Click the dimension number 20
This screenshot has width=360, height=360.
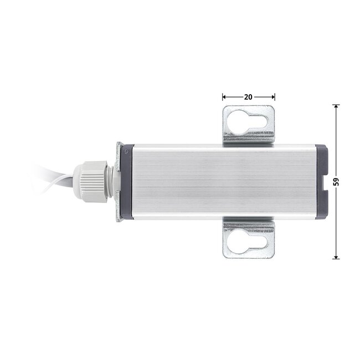click(248, 97)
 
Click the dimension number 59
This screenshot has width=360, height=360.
click(336, 182)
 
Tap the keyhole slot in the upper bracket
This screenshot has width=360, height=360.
click(247, 122)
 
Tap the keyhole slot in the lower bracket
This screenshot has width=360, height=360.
click(247, 242)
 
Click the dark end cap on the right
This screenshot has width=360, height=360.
click(321, 182)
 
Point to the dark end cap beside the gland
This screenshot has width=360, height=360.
click(126, 181)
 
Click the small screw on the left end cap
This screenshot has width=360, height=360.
click(125, 151)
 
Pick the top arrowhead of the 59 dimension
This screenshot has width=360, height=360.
click(336, 106)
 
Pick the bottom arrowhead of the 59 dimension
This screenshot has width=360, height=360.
click(336, 257)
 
